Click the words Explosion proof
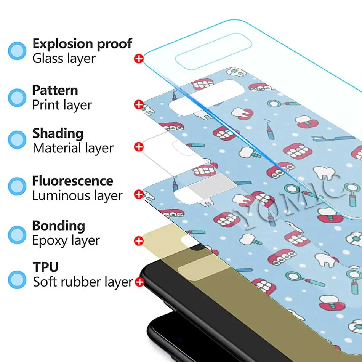click(x=82, y=44)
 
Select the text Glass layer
click(x=64, y=59)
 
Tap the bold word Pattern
click(x=55, y=90)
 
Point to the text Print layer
click(x=62, y=105)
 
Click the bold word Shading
click(x=58, y=133)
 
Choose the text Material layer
click(x=73, y=148)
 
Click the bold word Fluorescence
click(x=72, y=181)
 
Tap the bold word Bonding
click(x=59, y=226)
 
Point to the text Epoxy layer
click(x=66, y=240)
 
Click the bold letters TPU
click(x=45, y=266)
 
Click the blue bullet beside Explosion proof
click(x=17, y=51)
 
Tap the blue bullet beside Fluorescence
click(x=17, y=186)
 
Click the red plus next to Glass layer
click(x=139, y=59)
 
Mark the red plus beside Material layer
click(x=139, y=147)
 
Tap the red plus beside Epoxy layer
click(x=139, y=241)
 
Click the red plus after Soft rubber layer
click(x=139, y=282)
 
